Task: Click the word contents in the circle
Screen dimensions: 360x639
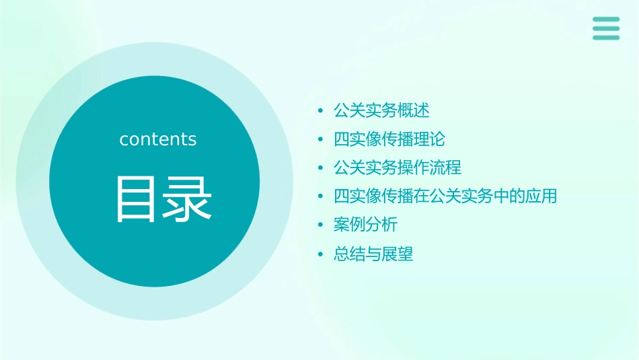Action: pos(158,139)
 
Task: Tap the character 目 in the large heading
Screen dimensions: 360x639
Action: pos(136,199)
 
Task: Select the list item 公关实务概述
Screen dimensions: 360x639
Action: pos(381,110)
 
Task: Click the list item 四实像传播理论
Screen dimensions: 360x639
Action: pos(389,139)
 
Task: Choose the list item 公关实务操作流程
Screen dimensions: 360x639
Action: pos(398,168)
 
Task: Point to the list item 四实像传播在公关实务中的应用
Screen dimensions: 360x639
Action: pos(445,196)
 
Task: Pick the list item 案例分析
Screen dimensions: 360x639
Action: pos(365,225)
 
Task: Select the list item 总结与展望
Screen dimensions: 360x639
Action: pos(373,254)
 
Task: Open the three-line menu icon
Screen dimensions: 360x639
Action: pos(606,28)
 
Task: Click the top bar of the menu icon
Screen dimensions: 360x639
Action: pos(606,20)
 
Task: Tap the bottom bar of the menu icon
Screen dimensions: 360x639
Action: pos(606,37)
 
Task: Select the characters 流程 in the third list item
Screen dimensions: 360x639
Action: pos(445,168)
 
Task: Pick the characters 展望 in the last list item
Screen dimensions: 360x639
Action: pos(397,254)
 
